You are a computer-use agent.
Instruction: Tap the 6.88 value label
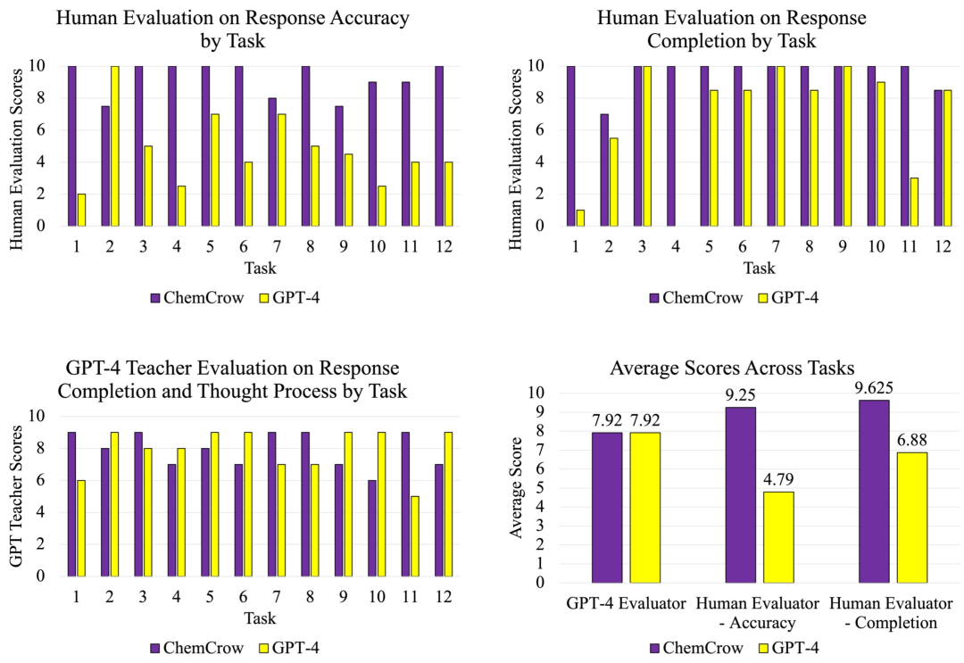[911, 440]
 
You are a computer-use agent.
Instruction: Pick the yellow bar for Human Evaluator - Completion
[911, 517]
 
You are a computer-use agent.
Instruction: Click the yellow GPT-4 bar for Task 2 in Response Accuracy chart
[114, 145]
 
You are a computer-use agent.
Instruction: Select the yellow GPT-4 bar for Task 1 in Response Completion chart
[580, 218]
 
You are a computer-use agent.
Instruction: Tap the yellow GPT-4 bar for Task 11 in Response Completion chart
[914, 202]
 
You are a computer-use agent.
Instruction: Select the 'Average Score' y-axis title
[516, 487]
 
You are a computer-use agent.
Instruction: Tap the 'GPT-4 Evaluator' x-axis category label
[625, 604]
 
